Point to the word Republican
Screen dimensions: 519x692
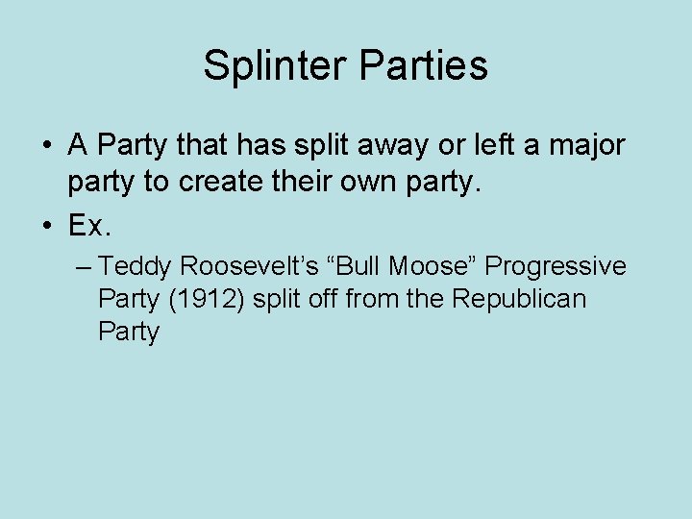click(518, 300)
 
